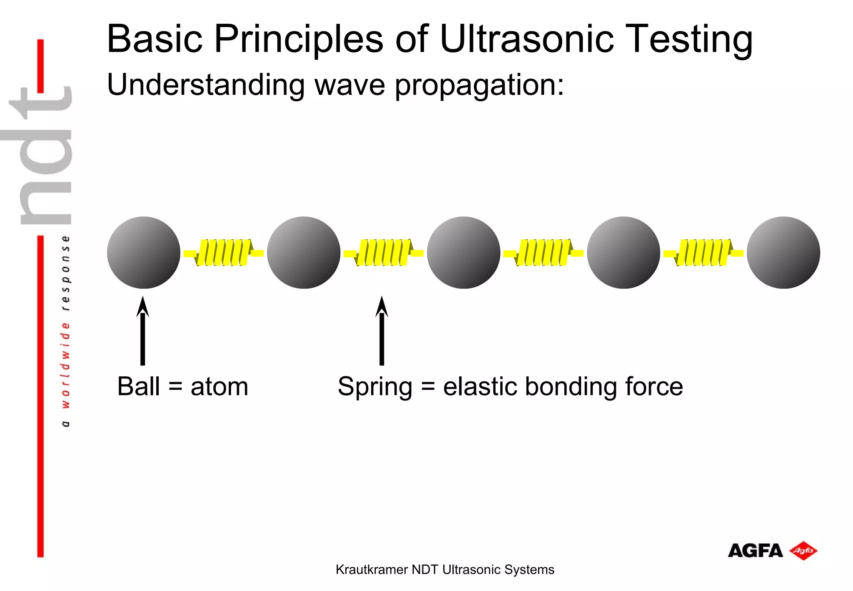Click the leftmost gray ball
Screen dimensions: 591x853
click(143, 253)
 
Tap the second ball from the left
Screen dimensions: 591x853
click(304, 253)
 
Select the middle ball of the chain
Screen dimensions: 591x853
click(464, 253)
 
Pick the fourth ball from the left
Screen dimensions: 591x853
click(624, 253)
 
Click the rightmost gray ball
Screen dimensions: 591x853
click(783, 253)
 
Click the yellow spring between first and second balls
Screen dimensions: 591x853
click(224, 253)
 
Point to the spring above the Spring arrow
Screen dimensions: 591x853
click(384, 253)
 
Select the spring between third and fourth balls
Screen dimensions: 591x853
click(544, 253)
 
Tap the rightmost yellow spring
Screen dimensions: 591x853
click(703, 253)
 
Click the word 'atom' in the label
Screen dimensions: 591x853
click(219, 386)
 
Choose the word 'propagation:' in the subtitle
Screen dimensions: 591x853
click(479, 85)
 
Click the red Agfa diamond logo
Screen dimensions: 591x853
click(803, 551)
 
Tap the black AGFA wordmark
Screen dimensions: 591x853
click(755, 551)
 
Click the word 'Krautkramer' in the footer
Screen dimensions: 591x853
click(372, 569)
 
